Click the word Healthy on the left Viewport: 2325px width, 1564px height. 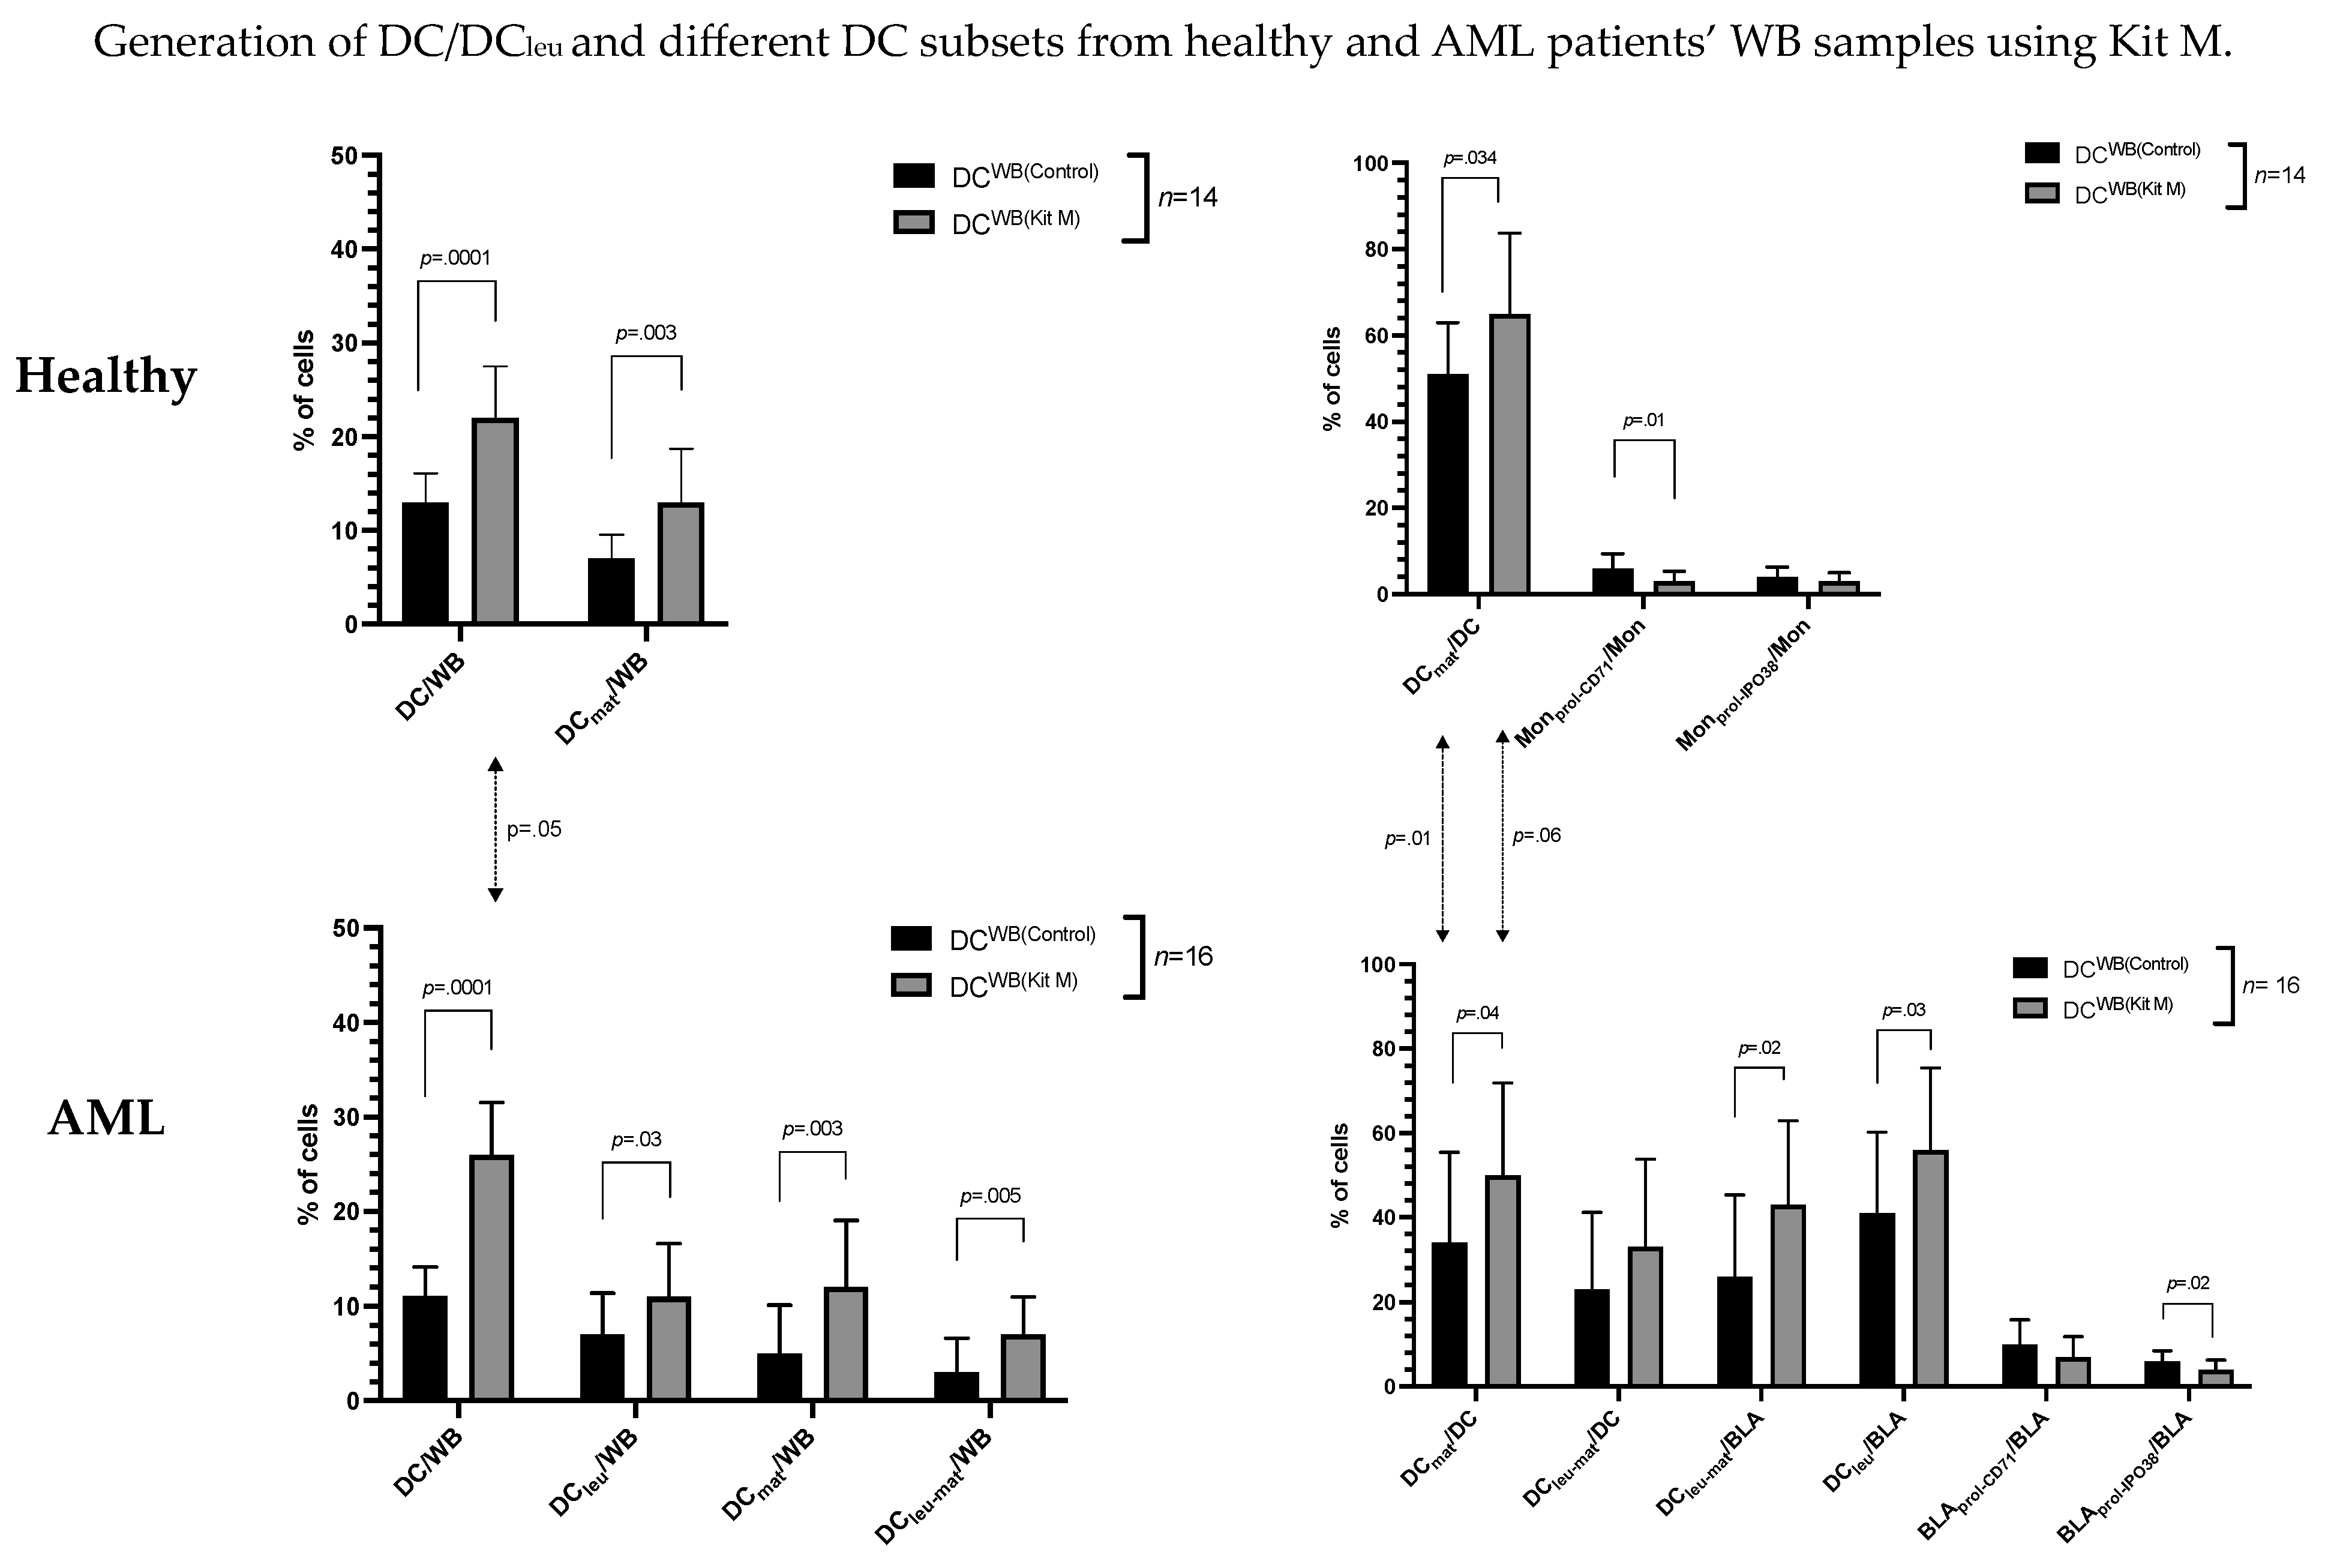[x=106, y=377]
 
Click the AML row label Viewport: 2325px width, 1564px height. [x=106, y=1119]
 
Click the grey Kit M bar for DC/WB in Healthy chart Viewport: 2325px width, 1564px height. [x=494, y=521]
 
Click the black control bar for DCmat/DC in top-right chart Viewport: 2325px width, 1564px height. [x=1448, y=484]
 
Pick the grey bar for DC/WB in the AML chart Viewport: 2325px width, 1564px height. [x=491, y=1277]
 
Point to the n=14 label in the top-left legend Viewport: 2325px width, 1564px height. [x=1186, y=197]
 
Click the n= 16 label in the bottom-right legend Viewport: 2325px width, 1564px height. [x=2270, y=985]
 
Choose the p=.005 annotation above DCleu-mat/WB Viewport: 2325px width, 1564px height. [x=990, y=1196]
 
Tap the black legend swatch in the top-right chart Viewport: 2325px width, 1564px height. [x=2042, y=152]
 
